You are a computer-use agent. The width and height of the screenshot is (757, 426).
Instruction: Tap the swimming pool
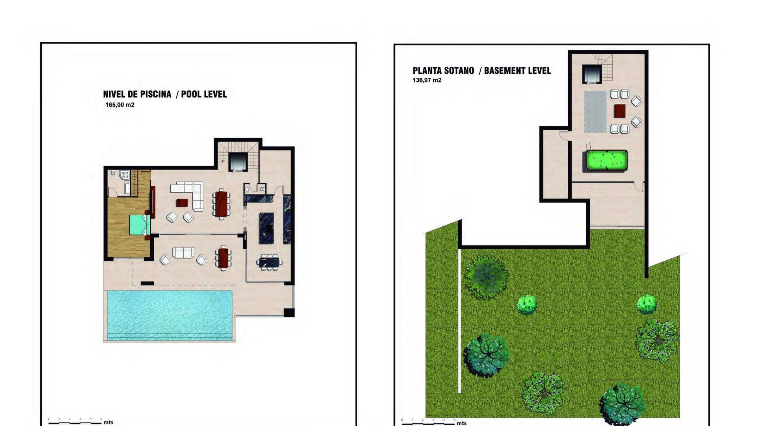[170, 315]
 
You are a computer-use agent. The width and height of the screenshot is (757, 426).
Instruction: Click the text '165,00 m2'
[120, 105]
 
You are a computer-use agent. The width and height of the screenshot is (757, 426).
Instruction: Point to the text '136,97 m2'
[427, 80]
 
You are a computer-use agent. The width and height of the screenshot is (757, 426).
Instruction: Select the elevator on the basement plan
[592, 74]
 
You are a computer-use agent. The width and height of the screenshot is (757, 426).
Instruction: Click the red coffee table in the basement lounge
[619, 111]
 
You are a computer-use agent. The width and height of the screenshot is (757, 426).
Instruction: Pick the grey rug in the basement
[595, 112]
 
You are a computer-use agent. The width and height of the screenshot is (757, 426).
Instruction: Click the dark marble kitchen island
[266, 228]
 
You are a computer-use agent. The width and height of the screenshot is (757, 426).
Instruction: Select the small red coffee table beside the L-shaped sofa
[182, 203]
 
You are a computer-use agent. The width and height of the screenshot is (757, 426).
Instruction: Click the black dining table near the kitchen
[269, 261]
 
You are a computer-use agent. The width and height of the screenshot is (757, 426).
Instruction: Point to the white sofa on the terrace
[183, 252]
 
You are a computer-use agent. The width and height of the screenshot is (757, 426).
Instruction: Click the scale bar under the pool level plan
[75, 423]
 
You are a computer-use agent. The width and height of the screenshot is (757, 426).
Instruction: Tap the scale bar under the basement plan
[428, 424]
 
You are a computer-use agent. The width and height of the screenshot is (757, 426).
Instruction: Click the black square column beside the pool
[289, 312]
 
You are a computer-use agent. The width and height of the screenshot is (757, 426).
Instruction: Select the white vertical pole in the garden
[459, 319]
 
